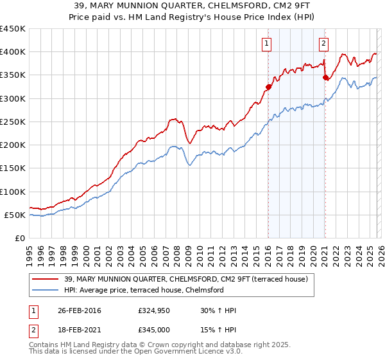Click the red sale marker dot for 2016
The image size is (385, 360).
tap(268, 87)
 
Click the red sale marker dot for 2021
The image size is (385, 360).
tap(325, 78)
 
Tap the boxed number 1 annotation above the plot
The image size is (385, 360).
tap(266, 44)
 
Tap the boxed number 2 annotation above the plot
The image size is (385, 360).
tap(323, 44)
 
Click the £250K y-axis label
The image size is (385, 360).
tap(13, 122)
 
